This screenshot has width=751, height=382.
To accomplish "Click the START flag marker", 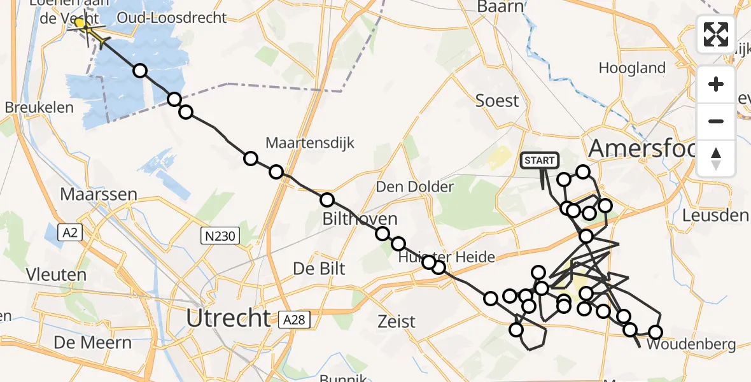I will pos(540,161).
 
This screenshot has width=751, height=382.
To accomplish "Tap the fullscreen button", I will pos(716,34).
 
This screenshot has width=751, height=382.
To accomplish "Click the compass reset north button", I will pos(716,159).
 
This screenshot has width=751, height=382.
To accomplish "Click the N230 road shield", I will pos(220,237).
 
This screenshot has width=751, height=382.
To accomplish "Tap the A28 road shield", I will pos(296,320).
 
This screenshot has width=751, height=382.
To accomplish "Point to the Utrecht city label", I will pos(228,317).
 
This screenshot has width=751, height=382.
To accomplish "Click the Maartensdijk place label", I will pos(309,142).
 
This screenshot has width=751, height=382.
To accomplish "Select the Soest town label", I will pos(498,101).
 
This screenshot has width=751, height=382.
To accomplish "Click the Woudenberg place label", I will pos(691,345).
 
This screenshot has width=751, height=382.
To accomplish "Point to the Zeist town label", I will pos(396,322).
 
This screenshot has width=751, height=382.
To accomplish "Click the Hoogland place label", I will pos(632,68).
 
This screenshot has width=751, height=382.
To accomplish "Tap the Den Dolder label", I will pos(414,187).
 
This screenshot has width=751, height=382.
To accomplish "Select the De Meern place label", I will pos(93,343).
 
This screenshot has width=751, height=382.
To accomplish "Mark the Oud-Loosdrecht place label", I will pos(180,17).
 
